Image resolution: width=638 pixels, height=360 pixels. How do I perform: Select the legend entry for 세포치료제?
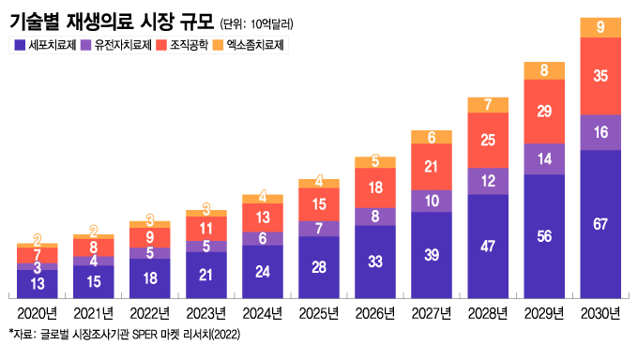coord(47,45)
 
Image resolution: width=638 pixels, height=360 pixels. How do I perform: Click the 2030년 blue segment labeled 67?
coord(600,222)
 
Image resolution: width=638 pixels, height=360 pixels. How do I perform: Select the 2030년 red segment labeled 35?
coord(600,76)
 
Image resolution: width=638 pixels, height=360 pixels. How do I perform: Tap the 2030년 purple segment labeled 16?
coord(600,132)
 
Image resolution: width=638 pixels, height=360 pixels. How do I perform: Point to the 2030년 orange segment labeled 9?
coord(600,27)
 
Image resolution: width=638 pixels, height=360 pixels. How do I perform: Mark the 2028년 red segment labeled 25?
coord(488,141)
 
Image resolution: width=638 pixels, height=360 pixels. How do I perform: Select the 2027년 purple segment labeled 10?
coord(432,200)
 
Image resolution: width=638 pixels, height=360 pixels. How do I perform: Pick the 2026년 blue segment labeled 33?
coord(375,262)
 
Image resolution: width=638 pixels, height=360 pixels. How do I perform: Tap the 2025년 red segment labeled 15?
coord(319,203)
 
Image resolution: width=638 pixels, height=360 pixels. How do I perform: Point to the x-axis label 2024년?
coord(263,312)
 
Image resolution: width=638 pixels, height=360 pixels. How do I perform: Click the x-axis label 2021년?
coord(94,312)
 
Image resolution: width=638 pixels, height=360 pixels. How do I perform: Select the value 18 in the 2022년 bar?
coord(150,278)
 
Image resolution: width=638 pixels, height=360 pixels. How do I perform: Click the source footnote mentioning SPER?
coord(122,334)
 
